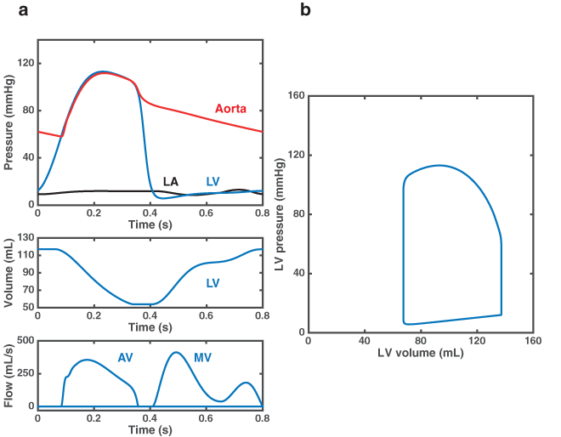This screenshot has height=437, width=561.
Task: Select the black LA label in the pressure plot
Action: click(171, 181)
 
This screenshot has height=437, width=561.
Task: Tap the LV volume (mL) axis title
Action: click(421, 351)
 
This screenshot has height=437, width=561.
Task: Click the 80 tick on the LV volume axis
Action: click(421, 339)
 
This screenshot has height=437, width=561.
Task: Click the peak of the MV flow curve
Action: click(176, 352)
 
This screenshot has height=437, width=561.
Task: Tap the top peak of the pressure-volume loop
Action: click(439, 165)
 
